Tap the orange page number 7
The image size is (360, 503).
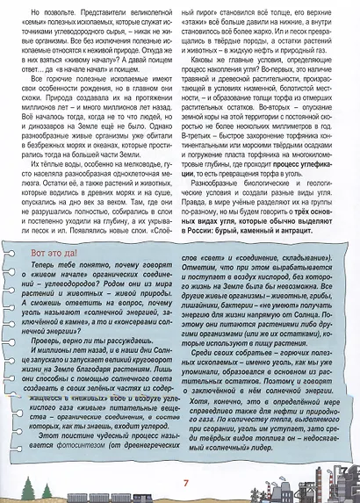coord(185,482)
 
